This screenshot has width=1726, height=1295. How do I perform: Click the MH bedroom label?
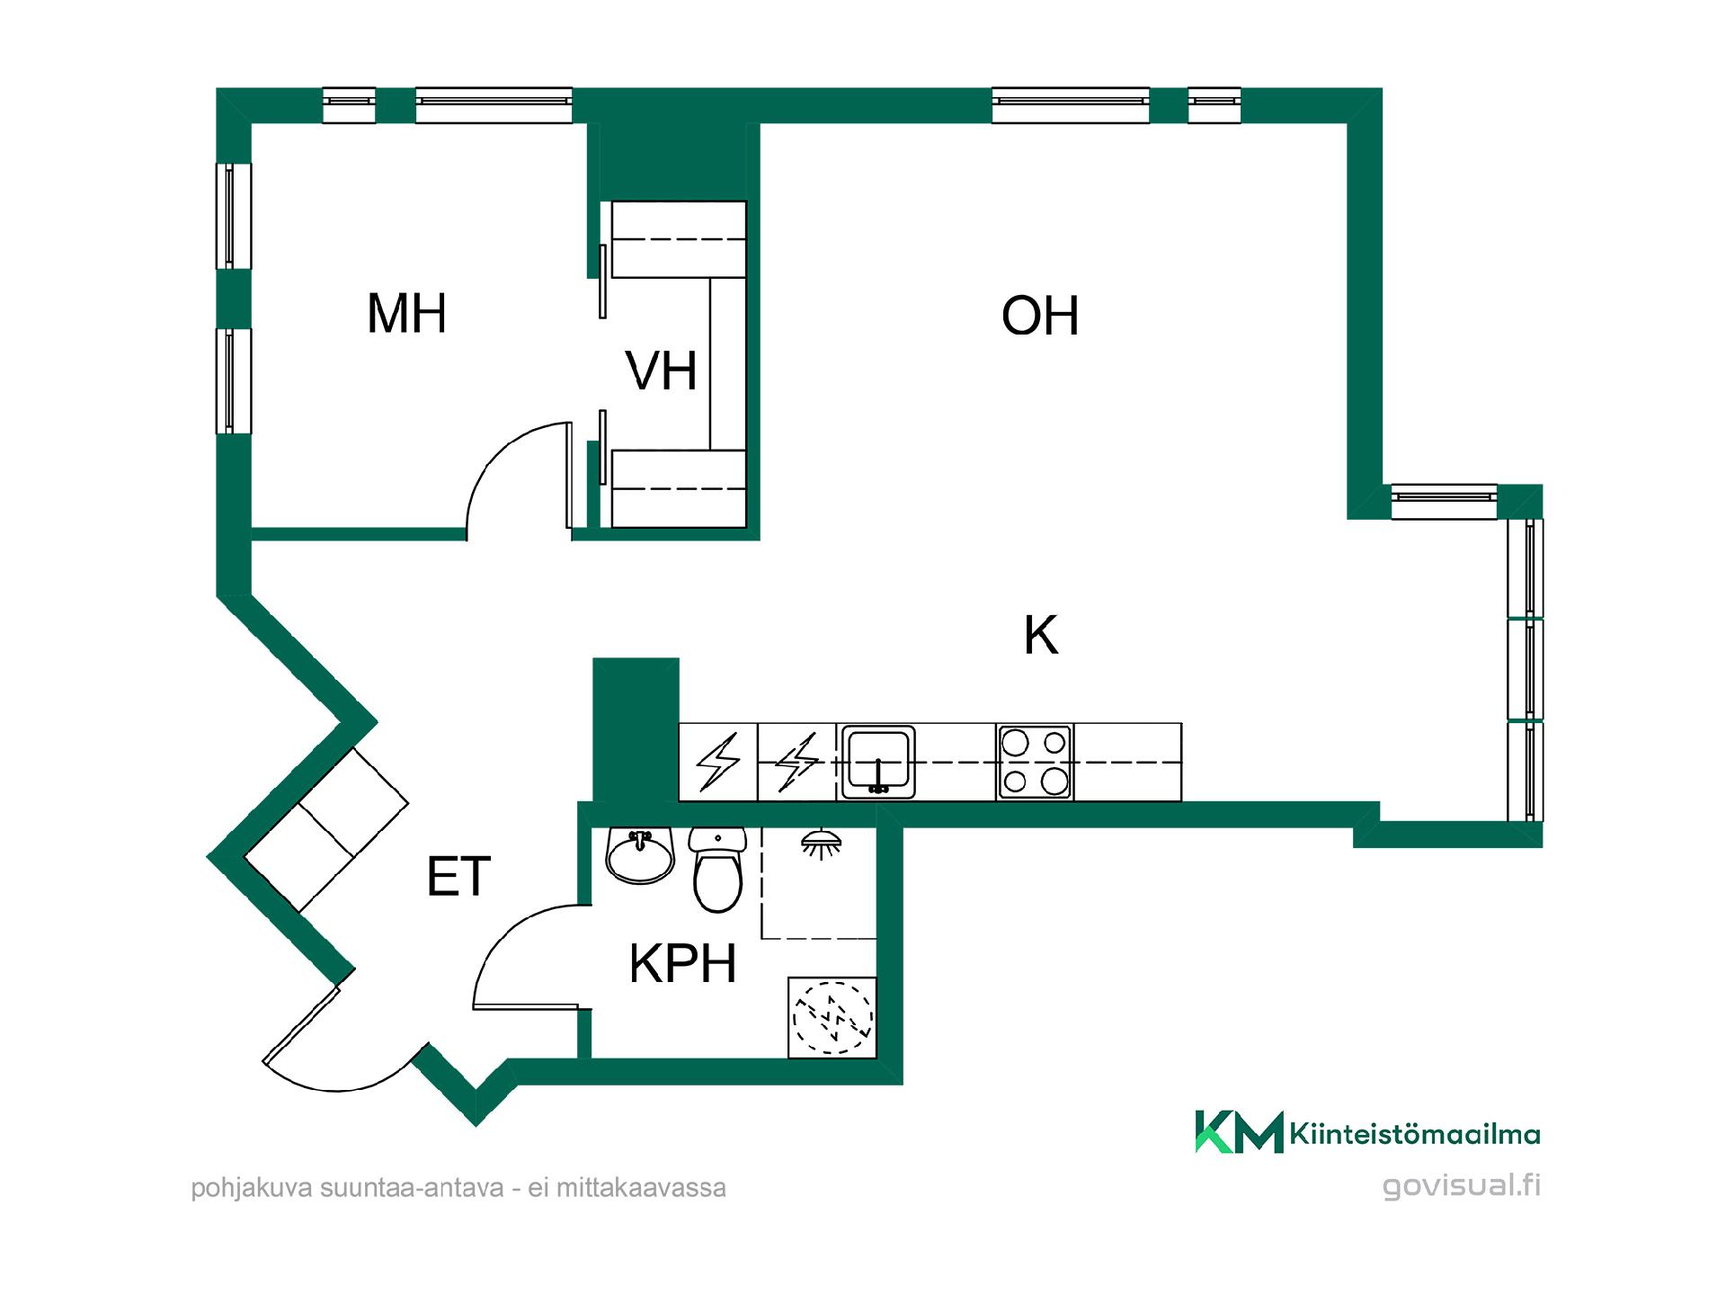coord(406,314)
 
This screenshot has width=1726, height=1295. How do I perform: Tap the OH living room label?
coord(1040,316)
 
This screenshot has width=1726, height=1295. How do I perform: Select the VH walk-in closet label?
coord(661,371)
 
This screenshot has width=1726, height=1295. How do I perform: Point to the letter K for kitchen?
coord(1041,635)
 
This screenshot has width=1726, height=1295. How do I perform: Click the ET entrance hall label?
coord(458,877)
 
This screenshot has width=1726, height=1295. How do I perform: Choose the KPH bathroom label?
coord(682,964)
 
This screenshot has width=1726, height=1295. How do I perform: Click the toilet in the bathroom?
coord(717,869)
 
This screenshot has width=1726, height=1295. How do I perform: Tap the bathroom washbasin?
coord(640,856)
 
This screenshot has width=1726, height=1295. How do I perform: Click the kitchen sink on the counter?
coord(877,762)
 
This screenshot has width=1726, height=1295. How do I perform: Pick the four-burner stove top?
coord(1035,762)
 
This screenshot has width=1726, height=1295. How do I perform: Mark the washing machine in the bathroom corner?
coord(832,1017)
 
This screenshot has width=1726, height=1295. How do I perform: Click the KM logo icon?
coord(1239,1132)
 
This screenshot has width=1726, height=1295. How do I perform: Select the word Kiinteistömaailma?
coord(1415,1134)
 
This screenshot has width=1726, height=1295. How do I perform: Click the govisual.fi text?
coord(1462,1185)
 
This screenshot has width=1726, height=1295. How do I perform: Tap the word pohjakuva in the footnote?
coord(252,1189)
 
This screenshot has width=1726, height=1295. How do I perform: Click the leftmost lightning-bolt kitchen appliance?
coord(718,762)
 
